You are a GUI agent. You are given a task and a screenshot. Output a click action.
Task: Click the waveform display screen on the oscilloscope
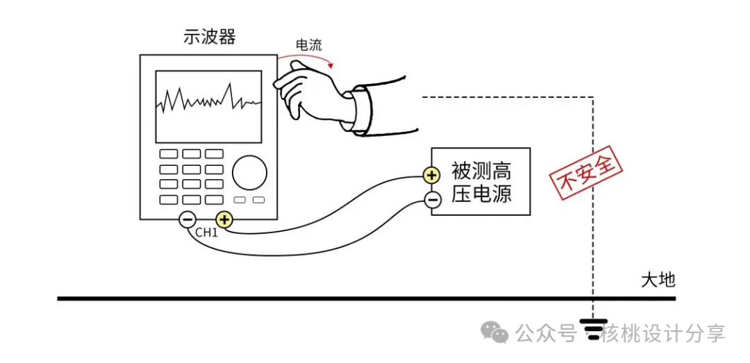208,106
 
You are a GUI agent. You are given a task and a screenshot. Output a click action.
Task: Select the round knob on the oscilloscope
249,173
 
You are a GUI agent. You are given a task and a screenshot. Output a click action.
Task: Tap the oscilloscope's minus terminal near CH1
187,220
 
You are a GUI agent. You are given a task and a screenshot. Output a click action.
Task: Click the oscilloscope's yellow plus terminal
224,220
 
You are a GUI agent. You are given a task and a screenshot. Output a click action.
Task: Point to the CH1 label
206,233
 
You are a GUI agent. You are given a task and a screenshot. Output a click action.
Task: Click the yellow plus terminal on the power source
431,175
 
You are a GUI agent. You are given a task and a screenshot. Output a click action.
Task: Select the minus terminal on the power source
431,201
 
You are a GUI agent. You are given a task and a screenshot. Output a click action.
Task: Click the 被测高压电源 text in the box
481,182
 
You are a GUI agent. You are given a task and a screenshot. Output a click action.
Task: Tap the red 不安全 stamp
585,172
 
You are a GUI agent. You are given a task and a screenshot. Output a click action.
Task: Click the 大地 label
657,280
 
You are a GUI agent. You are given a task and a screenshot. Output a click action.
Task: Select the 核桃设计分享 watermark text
663,334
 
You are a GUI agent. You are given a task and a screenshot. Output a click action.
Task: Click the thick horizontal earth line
347,298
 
